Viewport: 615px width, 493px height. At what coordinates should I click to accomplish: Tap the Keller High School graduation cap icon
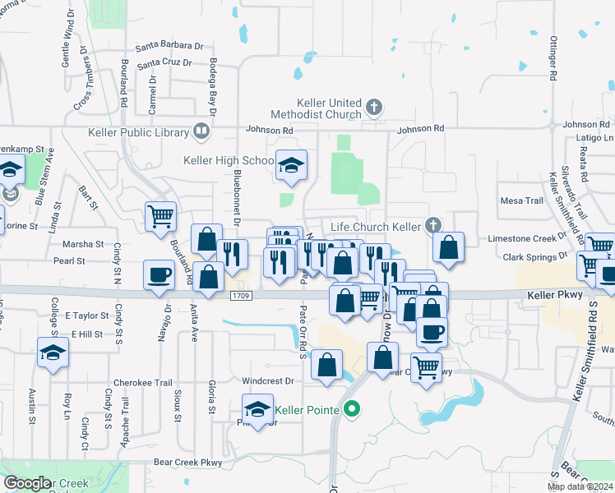[x=291, y=165]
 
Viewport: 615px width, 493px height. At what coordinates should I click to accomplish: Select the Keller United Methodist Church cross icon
[x=374, y=106]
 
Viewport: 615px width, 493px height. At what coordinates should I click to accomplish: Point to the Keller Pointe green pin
[x=353, y=408]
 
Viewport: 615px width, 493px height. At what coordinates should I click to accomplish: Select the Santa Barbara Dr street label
[x=169, y=46]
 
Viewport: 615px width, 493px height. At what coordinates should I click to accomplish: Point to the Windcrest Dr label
[x=268, y=381]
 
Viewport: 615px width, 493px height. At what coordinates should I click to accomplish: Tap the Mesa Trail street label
[x=522, y=200]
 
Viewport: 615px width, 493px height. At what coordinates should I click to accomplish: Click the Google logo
[x=28, y=482]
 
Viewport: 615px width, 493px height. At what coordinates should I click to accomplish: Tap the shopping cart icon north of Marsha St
[x=160, y=216]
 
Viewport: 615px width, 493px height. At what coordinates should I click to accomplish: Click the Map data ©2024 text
[x=580, y=486]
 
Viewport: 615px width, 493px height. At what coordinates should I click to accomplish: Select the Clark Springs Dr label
[x=537, y=256]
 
